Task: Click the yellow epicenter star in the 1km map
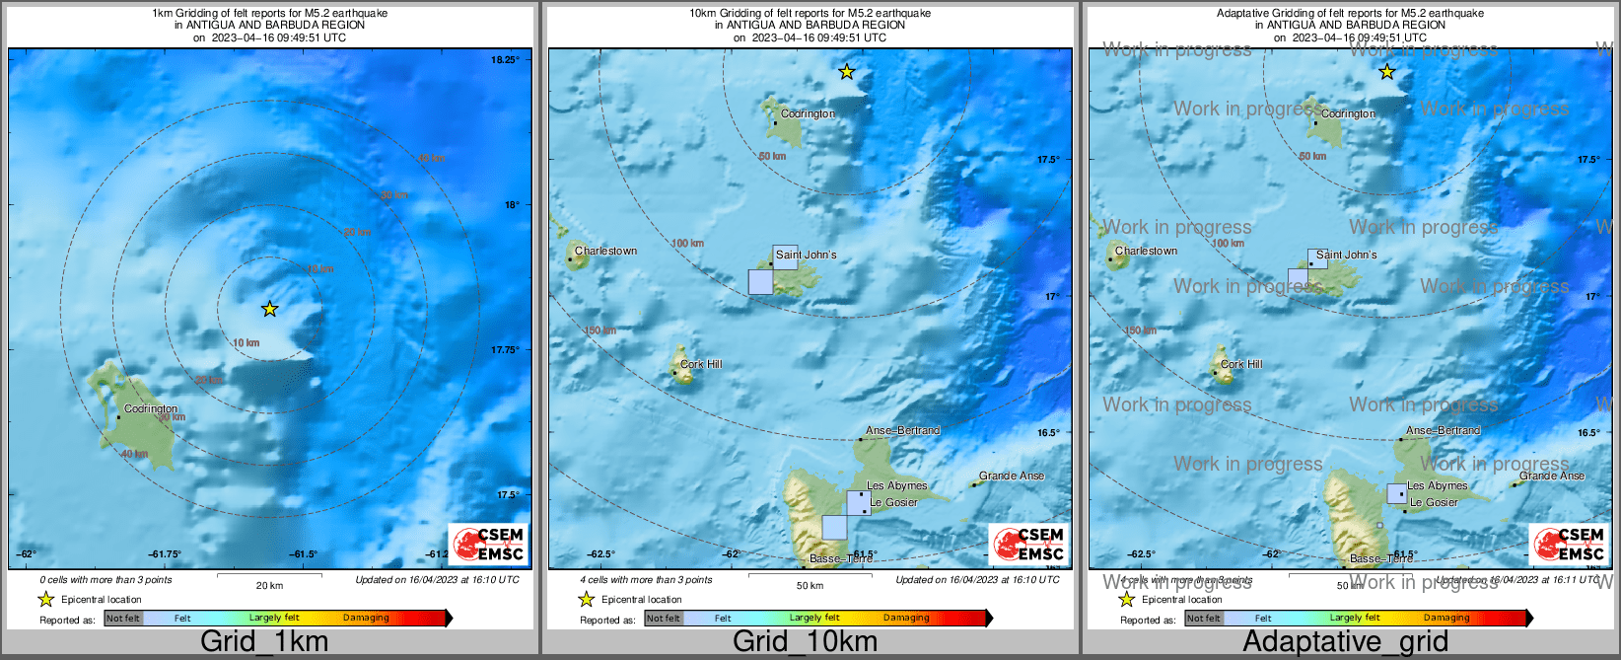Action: (x=269, y=309)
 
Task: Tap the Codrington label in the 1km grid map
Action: (x=151, y=408)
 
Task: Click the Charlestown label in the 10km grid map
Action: (x=605, y=251)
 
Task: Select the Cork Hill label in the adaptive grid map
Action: (x=1241, y=364)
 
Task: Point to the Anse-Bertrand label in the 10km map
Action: (x=902, y=430)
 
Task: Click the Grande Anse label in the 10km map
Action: (x=1012, y=476)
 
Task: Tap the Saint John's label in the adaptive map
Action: (x=1346, y=255)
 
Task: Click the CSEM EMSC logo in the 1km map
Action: (x=489, y=544)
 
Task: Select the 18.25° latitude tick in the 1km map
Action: (x=505, y=60)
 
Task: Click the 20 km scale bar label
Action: (x=269, y=585)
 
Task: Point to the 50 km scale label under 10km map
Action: (x=810, y=585)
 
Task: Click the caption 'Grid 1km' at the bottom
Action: (x=264, y=641)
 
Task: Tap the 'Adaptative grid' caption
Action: (x=1345, y=641)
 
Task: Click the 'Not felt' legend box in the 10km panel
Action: (x=664, y=619)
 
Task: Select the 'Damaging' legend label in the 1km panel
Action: (x=366, y=618)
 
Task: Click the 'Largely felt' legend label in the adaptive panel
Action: (x=1355, y=618)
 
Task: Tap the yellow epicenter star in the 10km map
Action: (x=846, y=71)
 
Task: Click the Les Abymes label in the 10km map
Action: (x=896, y=485)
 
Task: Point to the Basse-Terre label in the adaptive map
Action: (x=1380, y=558)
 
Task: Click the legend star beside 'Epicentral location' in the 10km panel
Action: (x=587, y=600)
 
